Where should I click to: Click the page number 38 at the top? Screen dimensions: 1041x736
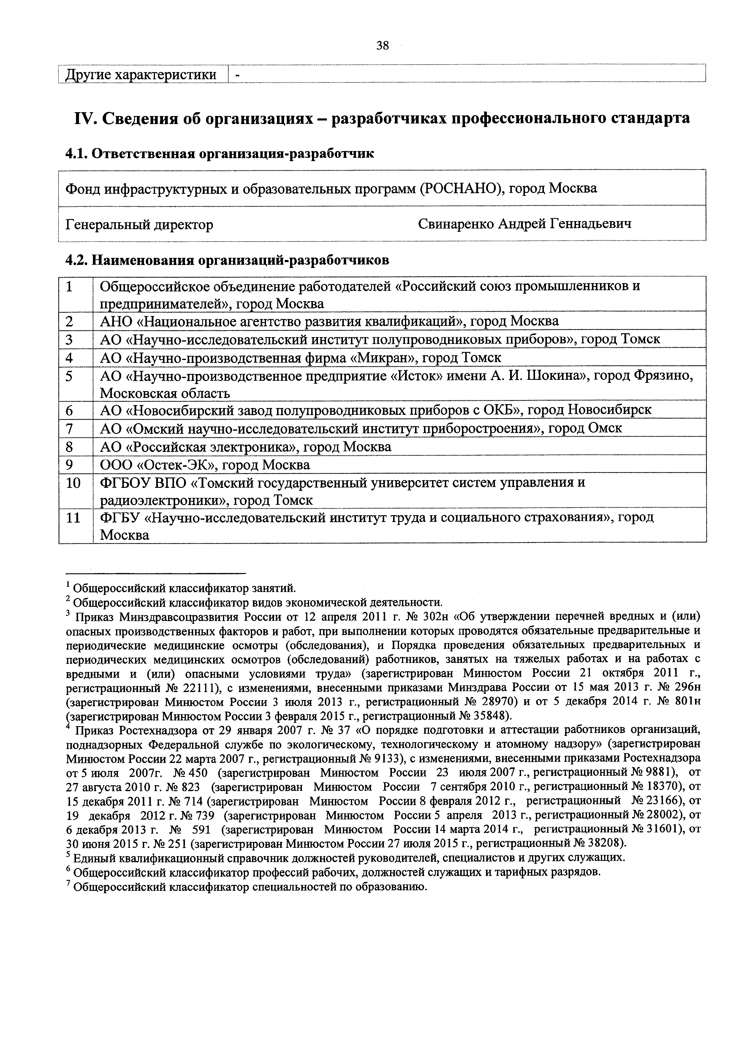tap(382, 45)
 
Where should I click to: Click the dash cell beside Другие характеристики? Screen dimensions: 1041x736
tap(237, 75)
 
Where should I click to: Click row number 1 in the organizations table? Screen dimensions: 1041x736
tap(69, 287)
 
